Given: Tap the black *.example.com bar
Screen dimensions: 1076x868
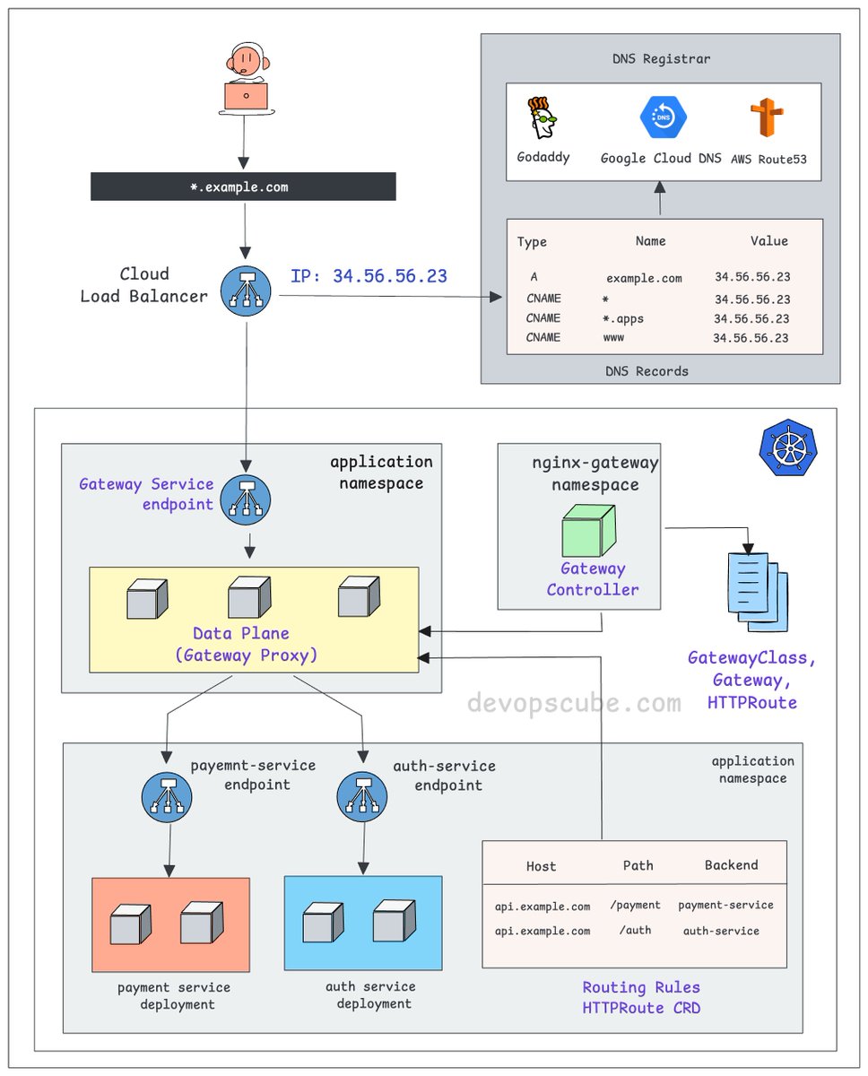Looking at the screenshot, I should pyautogui.click(x=243, y=187).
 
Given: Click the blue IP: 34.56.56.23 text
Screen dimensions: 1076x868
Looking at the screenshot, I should pyautogui.click(x=369, y=276).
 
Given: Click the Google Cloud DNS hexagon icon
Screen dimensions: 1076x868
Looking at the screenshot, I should pyautogui.click(x=661, y=118).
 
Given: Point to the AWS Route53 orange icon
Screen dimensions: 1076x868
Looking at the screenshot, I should pyautogui.click(x=767, y=119).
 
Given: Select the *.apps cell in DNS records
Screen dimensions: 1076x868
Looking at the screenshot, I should pyautogui.click(x=623, y=318).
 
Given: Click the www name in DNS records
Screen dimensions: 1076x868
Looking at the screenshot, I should pyautogui.click(x=613, y=338).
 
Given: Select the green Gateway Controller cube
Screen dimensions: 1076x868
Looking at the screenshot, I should pyautogui.click(x=588, y=530).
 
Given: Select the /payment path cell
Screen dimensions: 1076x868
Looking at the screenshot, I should pyautogui.click(x=635, y=906).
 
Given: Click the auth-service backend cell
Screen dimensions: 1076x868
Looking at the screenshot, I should pyautogui.click(x=721, y=931).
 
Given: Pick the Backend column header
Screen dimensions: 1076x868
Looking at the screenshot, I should pyautogui.click(x=731, y=865).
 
